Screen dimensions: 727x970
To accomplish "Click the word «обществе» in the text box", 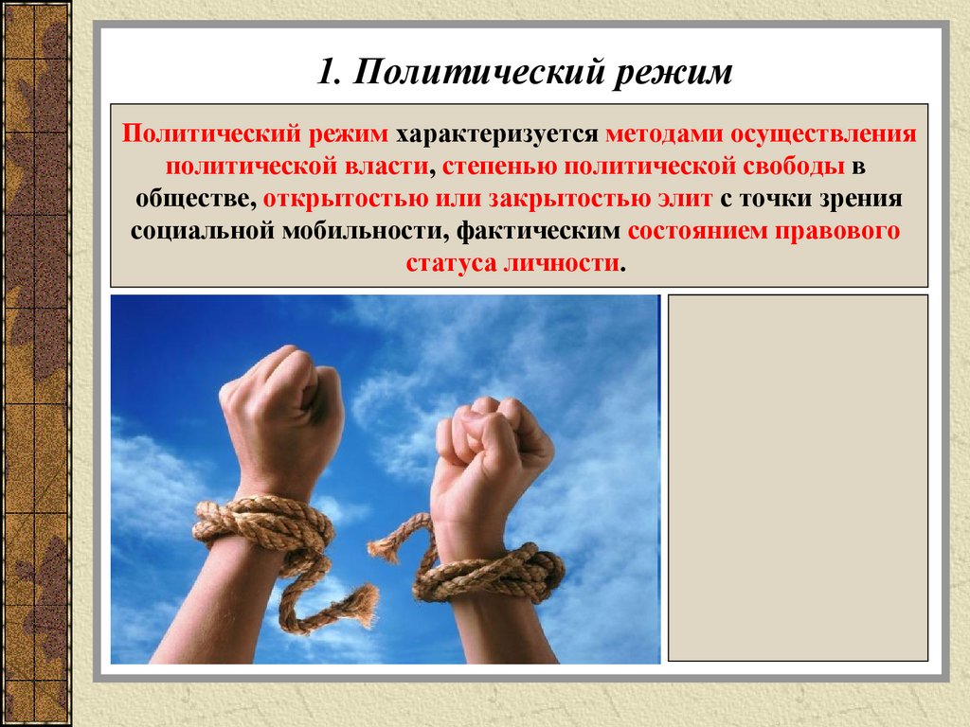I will tap(191, 199).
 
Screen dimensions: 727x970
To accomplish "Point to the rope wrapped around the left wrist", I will tap(265, 530).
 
